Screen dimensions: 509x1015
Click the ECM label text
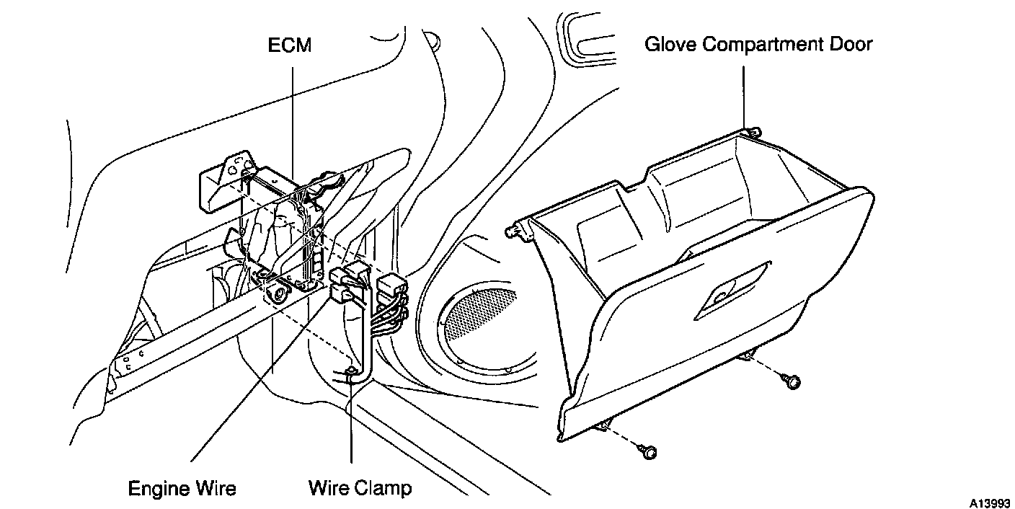tap(291, 45)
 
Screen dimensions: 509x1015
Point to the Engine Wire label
tap(182, 488)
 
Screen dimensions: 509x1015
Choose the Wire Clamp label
tap(360, 488)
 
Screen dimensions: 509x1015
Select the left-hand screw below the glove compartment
tap(649, 451)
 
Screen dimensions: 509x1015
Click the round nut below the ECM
tap(275, 293)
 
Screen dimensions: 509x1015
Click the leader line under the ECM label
tap(294, 115)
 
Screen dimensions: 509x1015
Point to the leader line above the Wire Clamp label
tap(351, 425)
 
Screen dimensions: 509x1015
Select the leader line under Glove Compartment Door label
tap(744, 94)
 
